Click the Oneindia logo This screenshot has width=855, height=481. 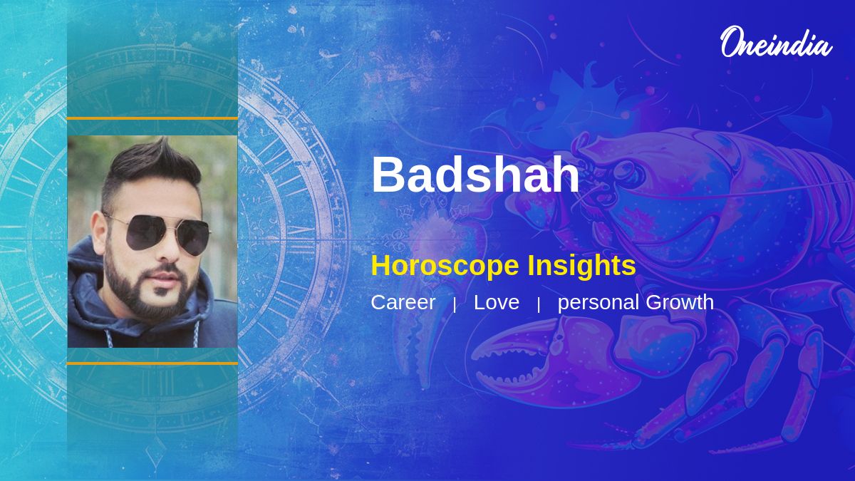tap(777, 42)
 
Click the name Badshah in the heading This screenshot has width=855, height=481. tap(476, 175)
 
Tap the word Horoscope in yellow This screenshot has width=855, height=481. tap(445, 266)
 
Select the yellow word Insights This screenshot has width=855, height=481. tap(582, 266)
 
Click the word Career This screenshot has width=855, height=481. tap(403, 302)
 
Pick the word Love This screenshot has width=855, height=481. tap(496, 302)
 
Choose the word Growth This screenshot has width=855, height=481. tap(680, 302)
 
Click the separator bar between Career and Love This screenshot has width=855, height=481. tap(455, 305)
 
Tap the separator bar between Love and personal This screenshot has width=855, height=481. tap(539, 305)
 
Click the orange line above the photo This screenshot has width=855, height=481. tap(152, 118)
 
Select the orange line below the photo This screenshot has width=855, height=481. tap(152, 363)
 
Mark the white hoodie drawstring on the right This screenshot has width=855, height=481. tap(197, 333)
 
